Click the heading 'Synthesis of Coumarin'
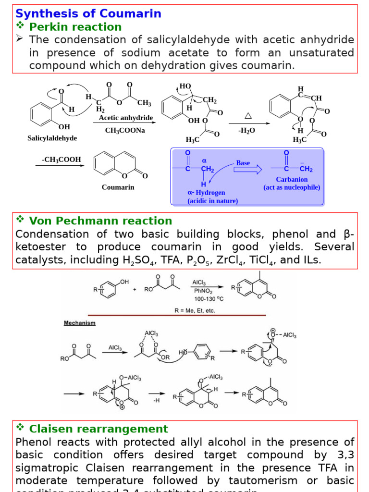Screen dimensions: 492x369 (88, 13)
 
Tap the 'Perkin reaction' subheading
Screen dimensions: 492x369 (75, 26)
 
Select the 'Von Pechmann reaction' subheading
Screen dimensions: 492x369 (100, 221)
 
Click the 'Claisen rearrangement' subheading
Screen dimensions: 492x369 (98, 429)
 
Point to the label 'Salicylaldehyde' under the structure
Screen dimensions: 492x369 (52, 138)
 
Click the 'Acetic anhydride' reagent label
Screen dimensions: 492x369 (126, 118)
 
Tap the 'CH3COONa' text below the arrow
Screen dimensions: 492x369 (126, 130)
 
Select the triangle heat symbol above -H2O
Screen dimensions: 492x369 (248, 116)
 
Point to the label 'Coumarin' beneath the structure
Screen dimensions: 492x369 (118, 187)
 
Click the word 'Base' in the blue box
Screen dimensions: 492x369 (243, 163)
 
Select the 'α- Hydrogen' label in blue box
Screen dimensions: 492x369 (206, 193)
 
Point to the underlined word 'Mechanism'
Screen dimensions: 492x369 (80, 323)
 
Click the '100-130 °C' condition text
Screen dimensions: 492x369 (209, 298)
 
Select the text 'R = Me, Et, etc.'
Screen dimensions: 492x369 (194, 310)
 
